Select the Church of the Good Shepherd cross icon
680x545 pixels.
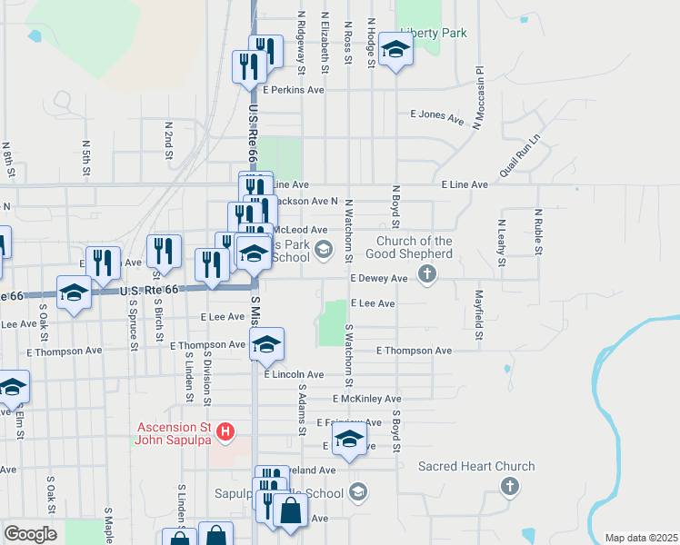tap(426, 278)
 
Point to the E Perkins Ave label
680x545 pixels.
tap(293, 90)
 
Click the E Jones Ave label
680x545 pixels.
tap(436, 116)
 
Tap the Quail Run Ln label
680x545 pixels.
tap(519, 155)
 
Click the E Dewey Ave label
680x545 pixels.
tap(381, 279)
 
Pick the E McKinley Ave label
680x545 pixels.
tap(366, 399)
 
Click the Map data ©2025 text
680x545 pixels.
tap(641, 538)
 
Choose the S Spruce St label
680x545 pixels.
tap(134, 330)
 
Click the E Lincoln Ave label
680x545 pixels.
tap(294, 374)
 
